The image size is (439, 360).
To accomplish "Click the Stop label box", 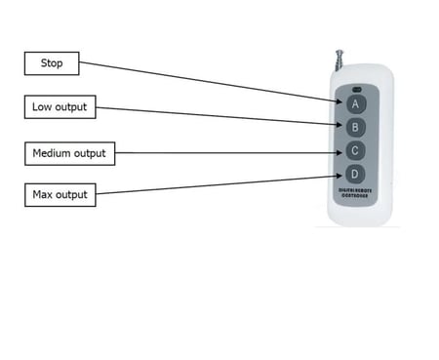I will coord(51,63).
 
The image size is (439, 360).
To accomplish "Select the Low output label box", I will coord(59,107).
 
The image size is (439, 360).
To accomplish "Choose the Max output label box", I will coord(59,195).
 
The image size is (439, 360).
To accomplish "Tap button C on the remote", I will coord(356,151).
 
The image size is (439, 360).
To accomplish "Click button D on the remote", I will coord(356,175).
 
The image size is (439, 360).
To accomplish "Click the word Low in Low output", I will coord(42,107).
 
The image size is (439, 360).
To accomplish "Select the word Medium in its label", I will coord(55,153).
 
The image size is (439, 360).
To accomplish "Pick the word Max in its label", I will coord(43,195).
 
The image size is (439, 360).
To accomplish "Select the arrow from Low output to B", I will coord(215,115).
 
